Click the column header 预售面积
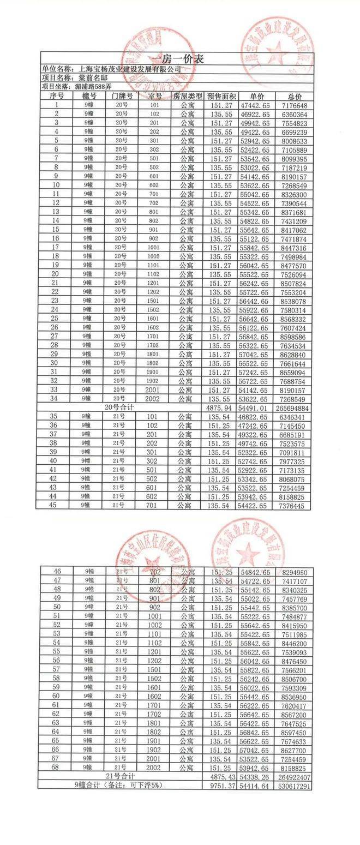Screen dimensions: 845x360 220,96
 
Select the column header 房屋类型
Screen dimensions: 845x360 188,96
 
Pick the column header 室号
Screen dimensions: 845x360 154,96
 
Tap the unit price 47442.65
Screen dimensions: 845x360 255,105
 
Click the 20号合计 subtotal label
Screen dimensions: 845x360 119,407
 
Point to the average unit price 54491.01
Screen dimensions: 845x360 255,408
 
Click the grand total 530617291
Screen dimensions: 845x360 293,785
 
